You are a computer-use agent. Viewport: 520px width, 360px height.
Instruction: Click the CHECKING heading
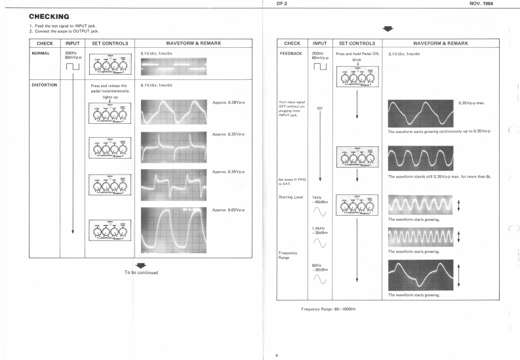click(x=49, y=16)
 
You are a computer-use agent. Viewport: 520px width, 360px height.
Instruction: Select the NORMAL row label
click(x=41, y=53)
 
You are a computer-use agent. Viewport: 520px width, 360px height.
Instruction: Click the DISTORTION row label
click(x=45, y=85)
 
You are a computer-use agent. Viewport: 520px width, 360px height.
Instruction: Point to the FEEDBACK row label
click(x=290, y=53)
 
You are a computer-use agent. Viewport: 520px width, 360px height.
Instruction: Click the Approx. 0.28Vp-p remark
click(x=229, y=102)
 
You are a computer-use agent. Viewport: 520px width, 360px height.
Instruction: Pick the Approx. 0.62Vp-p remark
click(x=229, y=209)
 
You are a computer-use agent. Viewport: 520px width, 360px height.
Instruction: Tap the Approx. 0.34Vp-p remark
click(x=229, y=172)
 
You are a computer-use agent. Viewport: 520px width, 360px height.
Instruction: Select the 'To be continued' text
click(x=141, y=272)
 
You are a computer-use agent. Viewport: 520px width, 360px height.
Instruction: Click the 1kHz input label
click(x=317, y=197)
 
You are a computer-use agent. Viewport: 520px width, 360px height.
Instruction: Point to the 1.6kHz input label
click(x=320, y=228)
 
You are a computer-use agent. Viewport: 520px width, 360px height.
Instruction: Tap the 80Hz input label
click(x=317, y=265)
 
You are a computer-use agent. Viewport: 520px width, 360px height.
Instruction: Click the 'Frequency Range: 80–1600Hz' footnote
click(x=328, y=309)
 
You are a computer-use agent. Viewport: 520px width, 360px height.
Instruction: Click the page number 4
click(x=276, y=355)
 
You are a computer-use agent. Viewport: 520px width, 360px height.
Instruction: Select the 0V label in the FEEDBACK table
click(x=320, y=108)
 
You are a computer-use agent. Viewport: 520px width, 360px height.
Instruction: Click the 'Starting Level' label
click(x=291, y=197)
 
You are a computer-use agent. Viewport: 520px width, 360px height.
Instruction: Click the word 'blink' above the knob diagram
click(x=356, y=60)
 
